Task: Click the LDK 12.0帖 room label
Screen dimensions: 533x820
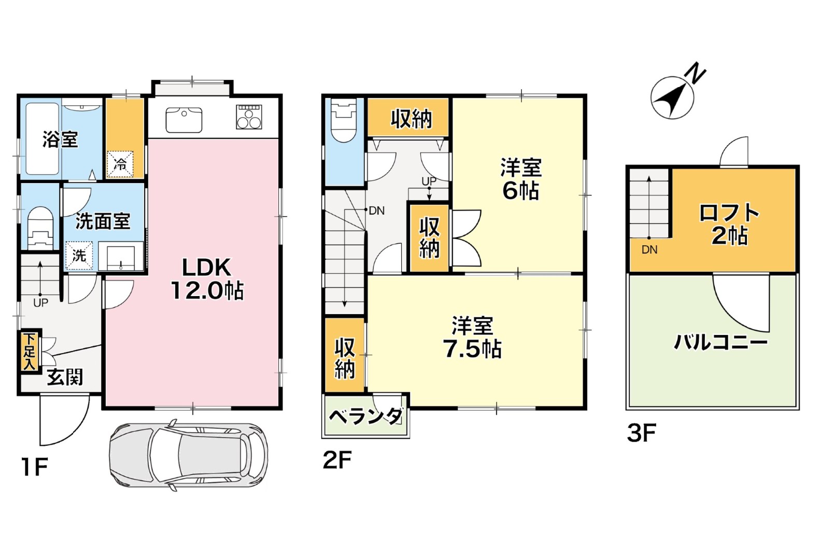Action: pos(207,278)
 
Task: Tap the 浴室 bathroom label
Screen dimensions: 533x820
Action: pos(60,139)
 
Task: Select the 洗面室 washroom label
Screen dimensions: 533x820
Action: pos(103,221)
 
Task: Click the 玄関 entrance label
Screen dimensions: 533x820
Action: pos(65,377)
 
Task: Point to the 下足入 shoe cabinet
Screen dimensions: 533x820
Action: pos(30,351)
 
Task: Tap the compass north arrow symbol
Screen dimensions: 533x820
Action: pos(673,97)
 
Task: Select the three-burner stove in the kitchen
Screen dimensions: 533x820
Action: pos(249,117)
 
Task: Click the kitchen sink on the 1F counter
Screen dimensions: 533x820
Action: pos(183,120)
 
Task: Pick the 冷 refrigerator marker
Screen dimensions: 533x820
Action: pos(120,165)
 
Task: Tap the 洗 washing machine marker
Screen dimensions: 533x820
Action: pos(79,255)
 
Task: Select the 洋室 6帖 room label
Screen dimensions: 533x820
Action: pos(520,179)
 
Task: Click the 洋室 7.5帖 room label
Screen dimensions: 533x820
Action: pos(472,338)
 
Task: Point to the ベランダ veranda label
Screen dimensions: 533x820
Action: pos(366,416)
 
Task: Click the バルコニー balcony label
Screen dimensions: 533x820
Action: pos(720,342)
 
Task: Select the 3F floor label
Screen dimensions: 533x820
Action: pos(641,433)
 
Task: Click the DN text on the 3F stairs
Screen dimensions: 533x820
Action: pos(649,250)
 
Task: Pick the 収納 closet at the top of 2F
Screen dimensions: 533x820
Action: pos(411,119)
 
